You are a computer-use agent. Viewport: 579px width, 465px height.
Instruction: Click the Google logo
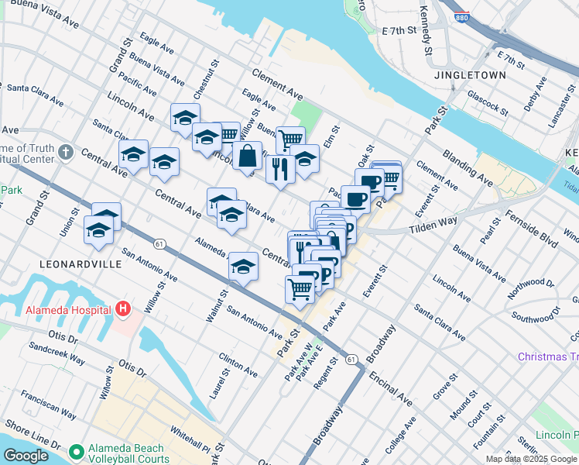(26, 456)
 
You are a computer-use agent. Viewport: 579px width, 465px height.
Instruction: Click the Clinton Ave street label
(238, 364)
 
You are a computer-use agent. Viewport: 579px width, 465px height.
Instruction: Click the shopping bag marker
(247, 156)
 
